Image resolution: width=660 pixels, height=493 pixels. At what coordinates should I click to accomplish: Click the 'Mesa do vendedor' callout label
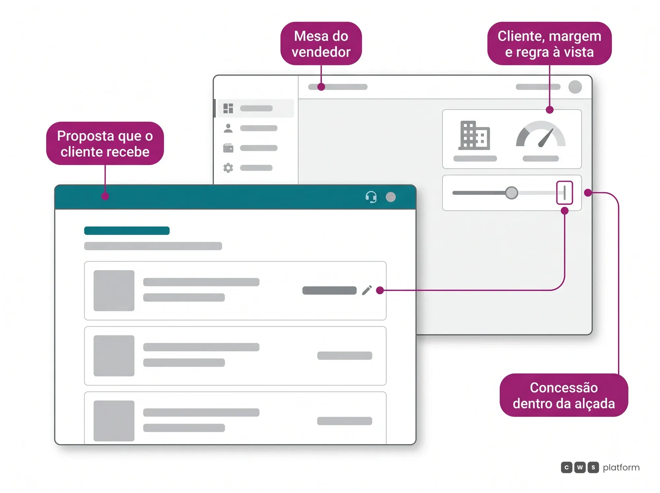(321, 44)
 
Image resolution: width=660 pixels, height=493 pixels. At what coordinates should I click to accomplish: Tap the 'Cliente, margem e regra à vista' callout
(549, 44)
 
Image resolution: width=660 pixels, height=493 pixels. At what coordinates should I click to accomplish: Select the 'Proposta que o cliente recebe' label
(105, 143)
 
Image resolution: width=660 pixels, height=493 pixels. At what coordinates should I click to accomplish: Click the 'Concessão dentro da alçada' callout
(564, 395)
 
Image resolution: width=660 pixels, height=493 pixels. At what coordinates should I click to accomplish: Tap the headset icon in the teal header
(371, 197)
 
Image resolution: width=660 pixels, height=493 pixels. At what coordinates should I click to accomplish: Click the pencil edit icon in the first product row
(367, 290)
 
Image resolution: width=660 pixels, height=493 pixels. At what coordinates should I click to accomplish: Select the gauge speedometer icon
(541, 134)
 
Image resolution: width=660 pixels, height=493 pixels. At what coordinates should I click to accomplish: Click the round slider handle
(511, 193)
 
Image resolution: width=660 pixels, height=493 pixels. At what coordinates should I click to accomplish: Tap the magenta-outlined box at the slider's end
(565, 193)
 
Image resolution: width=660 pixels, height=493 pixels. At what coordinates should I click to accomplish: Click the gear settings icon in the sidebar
(228, 168)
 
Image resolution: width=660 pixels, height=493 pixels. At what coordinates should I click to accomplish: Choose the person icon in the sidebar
(228, 128)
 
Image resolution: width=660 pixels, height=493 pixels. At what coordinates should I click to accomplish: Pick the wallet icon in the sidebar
(228, 148)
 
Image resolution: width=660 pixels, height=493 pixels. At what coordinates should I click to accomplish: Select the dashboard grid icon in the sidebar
(228, 108)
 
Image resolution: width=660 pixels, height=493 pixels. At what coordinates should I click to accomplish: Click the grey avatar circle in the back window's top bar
(575, 87)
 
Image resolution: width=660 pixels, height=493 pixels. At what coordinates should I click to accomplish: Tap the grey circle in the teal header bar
(391, 197)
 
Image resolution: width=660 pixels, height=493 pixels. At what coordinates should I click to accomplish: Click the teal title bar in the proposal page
(127, 230)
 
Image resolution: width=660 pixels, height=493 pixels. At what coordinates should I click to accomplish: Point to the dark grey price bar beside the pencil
(329, 290)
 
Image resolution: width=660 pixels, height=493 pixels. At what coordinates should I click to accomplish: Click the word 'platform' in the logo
(621, 468)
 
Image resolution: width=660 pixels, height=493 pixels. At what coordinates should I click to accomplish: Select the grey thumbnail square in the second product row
(114, 356)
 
